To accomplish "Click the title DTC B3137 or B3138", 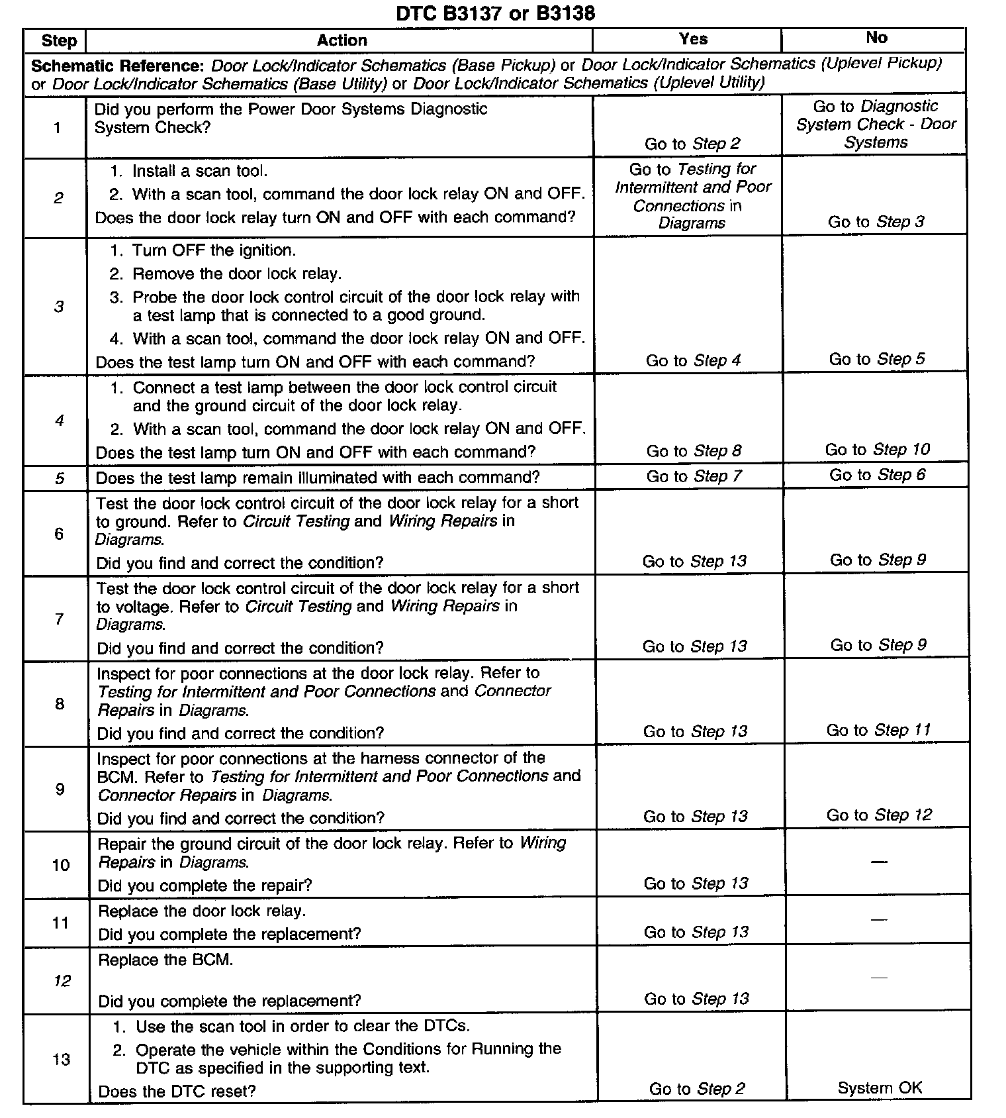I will coord(495,13).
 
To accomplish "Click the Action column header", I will coord(342,40).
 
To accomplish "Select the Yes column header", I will coord(693,39).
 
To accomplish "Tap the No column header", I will coord(876,38).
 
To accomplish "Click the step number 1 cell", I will coord(58,128).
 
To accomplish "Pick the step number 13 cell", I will coord(61,1059).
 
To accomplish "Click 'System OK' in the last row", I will coord(880,1088).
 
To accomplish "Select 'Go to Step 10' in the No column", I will coord(877,450).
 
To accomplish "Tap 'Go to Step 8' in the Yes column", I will coord(694,451).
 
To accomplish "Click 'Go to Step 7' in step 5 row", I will coord(694,476).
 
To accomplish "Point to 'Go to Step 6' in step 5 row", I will coord(877,475).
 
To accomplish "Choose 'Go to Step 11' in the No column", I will coord(878,730).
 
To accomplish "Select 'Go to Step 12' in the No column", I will coord(879,815).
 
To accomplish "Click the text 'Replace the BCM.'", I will coord(165,960).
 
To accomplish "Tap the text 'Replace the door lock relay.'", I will coord(202,911).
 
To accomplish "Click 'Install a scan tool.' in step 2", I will coord(200,171).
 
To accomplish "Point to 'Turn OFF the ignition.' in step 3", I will coord(214,250).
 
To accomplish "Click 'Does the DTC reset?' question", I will coord(177,1091).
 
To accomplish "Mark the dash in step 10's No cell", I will coord(878,862).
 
